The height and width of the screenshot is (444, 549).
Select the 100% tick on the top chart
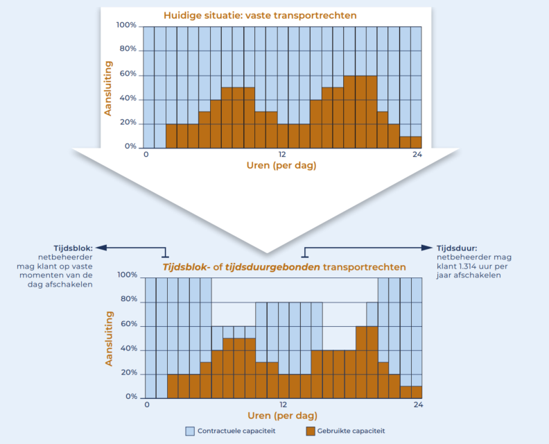(126, 26)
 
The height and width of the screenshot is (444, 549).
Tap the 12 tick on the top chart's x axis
(283, 154)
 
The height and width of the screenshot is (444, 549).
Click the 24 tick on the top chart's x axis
(417, 154)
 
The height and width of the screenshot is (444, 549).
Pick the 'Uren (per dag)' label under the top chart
(283, 166)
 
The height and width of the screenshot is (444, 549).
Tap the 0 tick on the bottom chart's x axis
(146, 404)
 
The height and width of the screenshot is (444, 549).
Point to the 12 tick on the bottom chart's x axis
(283, 404)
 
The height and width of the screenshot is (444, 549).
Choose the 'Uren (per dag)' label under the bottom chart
(283, 416)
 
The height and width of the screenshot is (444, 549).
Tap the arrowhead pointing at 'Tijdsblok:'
(98, 247)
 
